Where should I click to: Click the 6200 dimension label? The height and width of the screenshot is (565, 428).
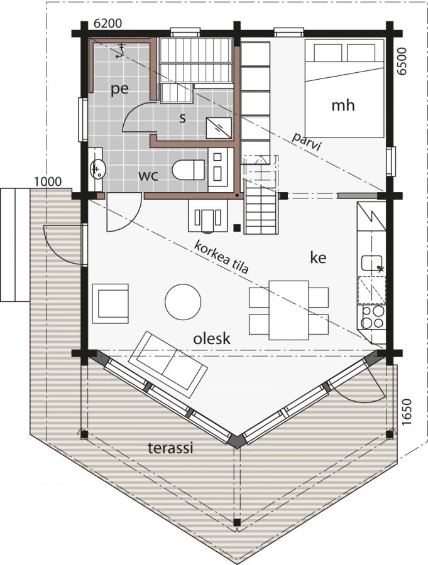point(107,23)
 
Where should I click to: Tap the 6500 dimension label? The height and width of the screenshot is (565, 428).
point(402,62)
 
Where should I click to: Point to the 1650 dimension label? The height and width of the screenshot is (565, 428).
point(406,412)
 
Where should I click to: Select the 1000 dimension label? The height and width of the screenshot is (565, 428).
point(48,181)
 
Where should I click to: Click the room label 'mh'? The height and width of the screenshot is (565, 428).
point(343,105)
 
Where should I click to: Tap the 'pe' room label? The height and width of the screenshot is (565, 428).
point(119,89)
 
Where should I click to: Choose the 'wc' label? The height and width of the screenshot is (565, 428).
point(149,176)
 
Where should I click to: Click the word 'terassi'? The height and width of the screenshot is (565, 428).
point(170,448)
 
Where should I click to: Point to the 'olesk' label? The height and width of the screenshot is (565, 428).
point(211,338)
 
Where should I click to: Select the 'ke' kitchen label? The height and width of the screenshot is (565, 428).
point(318,257)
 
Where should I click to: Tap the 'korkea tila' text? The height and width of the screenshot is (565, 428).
point(222,257)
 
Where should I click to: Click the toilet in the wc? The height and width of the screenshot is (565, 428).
point(188,169)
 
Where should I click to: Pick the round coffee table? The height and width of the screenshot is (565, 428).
point(183,301)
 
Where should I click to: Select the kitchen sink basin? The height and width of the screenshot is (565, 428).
point(371,263)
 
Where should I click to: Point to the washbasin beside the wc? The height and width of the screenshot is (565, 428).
point(97,169)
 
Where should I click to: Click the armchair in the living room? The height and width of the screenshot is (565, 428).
point(111,303)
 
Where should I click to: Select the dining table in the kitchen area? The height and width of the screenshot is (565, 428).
point(288,310)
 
